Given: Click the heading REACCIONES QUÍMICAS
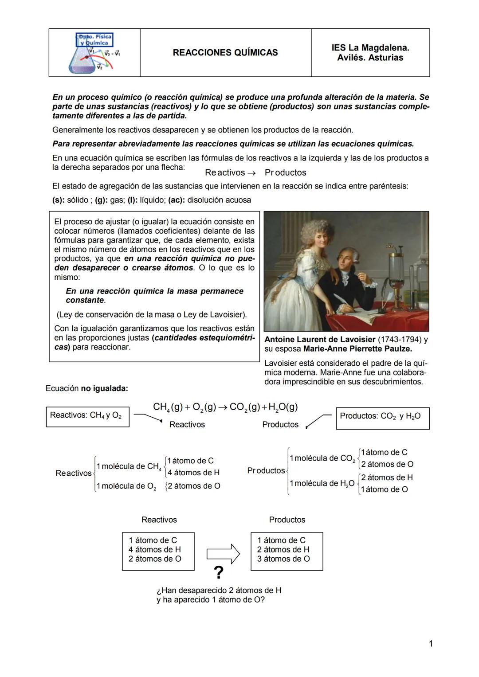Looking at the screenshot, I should [x=225, y=53].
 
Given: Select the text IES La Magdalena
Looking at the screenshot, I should [x=370, y=47].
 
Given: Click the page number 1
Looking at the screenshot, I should [x=431, y=643].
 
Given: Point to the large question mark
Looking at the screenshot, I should [x=218, y=573].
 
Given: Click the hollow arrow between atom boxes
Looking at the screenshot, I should [x=223, y=554].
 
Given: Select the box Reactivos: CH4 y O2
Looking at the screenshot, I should [x=87, y=415].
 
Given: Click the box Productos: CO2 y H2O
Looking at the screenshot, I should [x=382, y=416].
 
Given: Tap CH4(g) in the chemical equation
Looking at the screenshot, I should [x=168, y=407].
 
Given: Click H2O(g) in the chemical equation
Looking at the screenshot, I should [x=283, y=407].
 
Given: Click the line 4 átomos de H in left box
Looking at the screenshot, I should [x=155, y=550].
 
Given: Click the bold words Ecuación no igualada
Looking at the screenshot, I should [x=87, y=388].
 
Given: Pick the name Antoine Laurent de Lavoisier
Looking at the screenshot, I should [x=320, y=340].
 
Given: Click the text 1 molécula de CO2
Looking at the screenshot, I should [x=322, y=458].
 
